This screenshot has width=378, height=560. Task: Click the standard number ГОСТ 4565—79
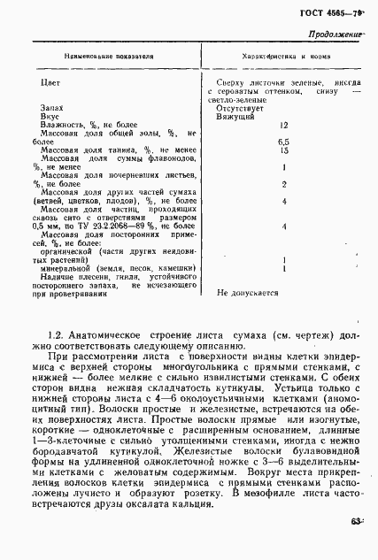[x=335, y=12]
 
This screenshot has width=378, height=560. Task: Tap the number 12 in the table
[x=284, y=126]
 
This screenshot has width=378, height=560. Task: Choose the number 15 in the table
[x=284, y=150]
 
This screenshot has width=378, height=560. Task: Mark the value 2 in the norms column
[x=284, y=184]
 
